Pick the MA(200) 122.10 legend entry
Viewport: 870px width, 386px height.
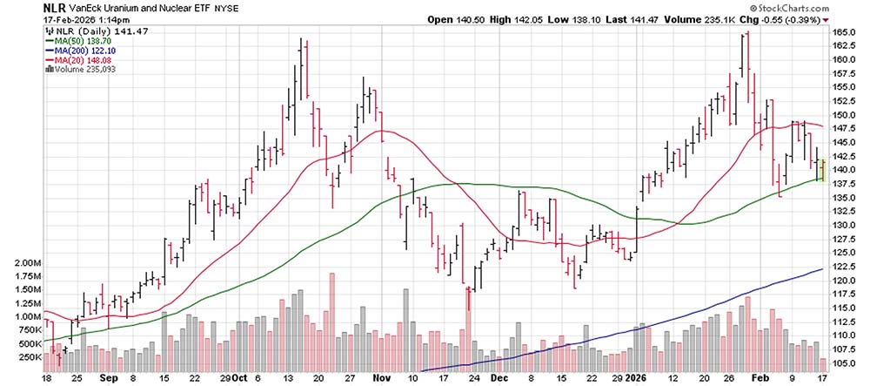tap(84, 51)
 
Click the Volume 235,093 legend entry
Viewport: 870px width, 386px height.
tap(82, 71)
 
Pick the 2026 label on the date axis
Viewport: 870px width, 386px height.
tap(639, 380)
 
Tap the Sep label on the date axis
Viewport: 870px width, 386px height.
tap(107, 380)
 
